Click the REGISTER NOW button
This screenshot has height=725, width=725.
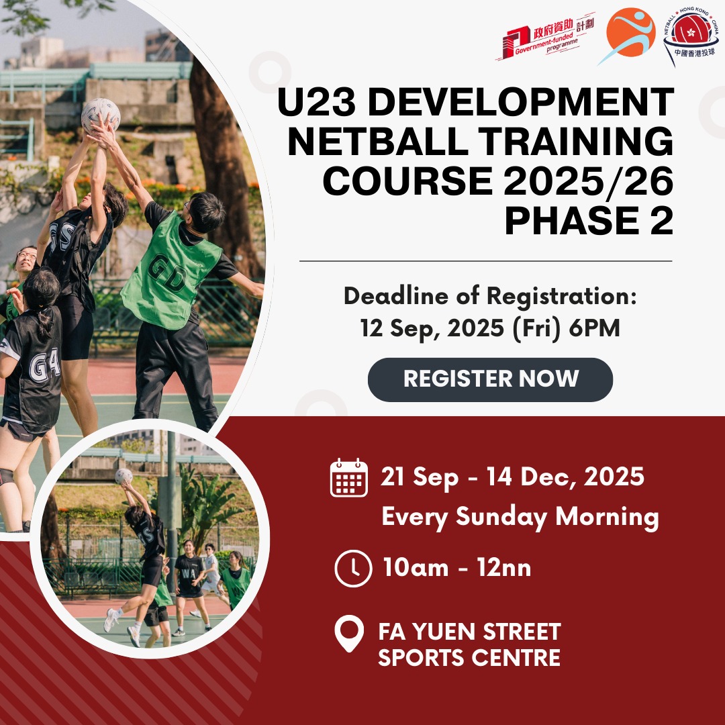tap(490, 379)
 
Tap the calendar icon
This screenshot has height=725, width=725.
tap(349, 478)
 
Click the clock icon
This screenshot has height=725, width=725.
tap(353, 569)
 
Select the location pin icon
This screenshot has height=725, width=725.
tap(349, 634)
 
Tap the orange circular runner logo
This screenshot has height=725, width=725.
tap(628, 35)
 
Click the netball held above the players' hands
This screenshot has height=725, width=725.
tap(101, 114)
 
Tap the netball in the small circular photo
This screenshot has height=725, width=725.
tap(124, 476)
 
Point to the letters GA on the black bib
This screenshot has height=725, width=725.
tap(45, 365)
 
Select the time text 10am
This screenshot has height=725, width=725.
tap(416, 569)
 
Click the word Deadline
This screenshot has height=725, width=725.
tap(396, 296)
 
